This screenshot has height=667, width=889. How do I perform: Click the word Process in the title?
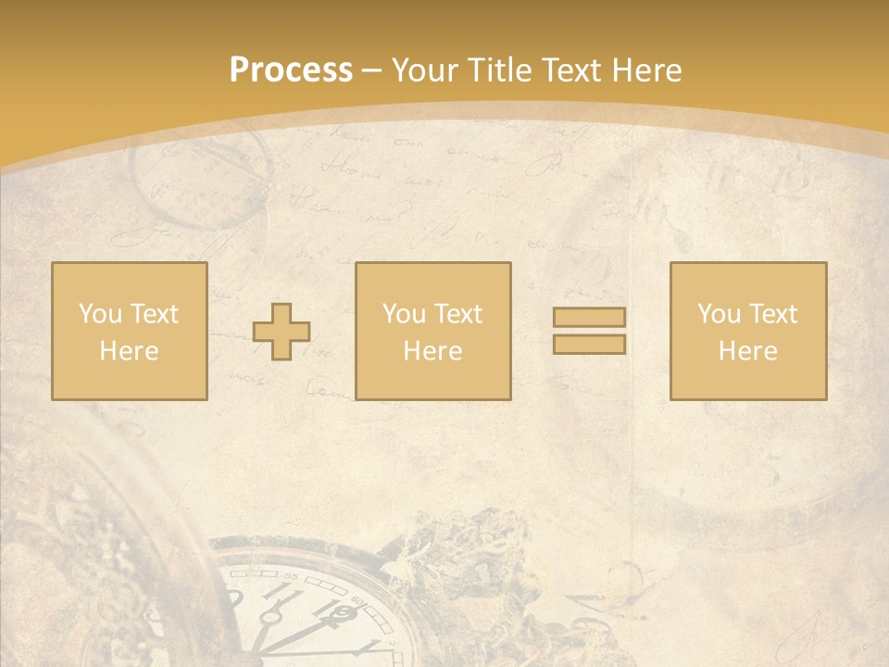(x=291, y=70)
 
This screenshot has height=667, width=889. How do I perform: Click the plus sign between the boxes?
(x=282, y=332)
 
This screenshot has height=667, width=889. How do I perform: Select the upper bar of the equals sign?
(x=589, y=318)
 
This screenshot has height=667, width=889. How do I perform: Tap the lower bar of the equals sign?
(x=589, y=344)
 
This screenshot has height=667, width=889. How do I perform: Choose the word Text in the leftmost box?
(x=153, y=314)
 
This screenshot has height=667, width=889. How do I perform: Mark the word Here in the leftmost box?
(x=129, y=351)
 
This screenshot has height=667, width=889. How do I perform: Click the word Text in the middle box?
(x=457, y=314)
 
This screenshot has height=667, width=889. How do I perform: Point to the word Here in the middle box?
(x=432, y=351)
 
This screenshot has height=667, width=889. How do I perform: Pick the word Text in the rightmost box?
(x=771, y=314)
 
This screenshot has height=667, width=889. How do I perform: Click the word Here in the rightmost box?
(x=747, y=351)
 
